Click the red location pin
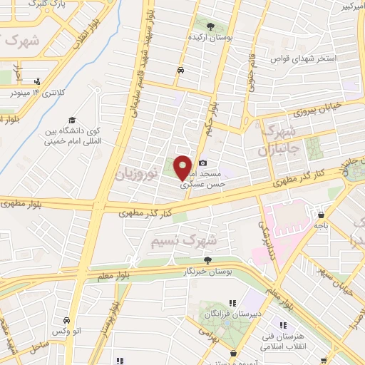(182, 167)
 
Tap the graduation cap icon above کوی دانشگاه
(71, 119)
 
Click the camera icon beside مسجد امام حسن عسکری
(203, 163)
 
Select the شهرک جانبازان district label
(272, 140)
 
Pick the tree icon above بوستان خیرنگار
(208, 260)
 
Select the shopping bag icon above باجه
(322, 213)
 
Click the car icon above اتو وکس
(66, 321)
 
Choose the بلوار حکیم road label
(210, 108)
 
